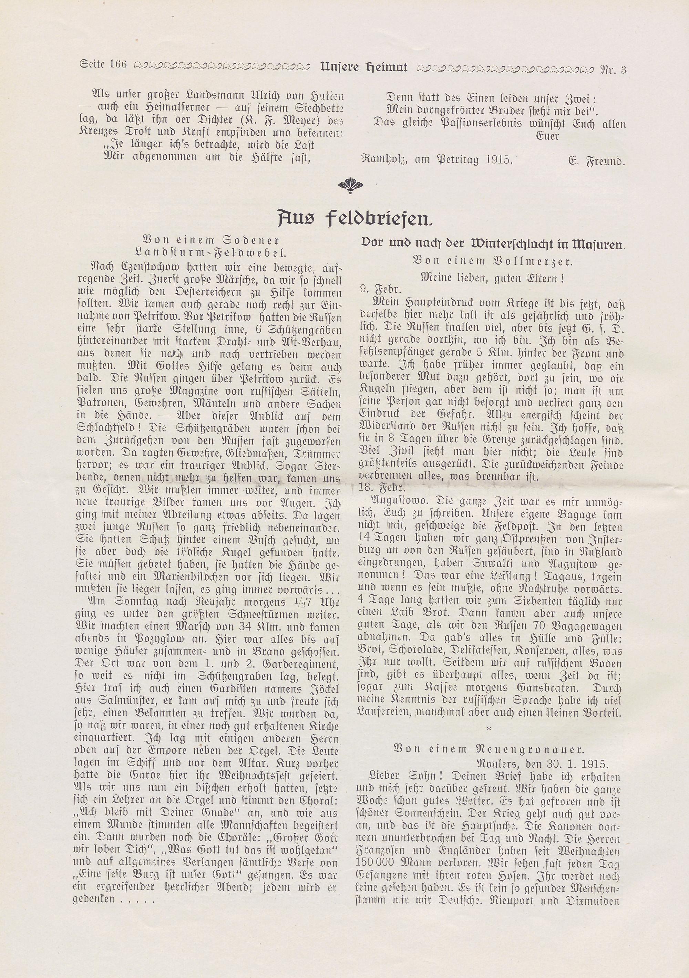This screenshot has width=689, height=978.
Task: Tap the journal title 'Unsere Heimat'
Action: click(363, 67)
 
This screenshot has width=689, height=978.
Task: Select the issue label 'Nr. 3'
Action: click(613, 68)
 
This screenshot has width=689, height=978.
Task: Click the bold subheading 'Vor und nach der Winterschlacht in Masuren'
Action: click(493, 244)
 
